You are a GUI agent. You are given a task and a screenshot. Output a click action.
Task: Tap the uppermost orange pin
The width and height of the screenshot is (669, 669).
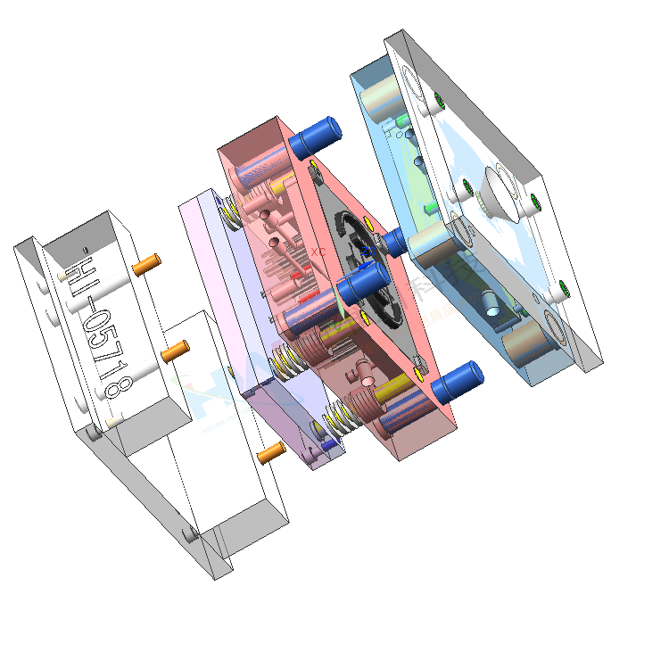[145, 264]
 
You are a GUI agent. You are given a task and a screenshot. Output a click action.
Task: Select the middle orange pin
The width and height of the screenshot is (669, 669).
[174, 351]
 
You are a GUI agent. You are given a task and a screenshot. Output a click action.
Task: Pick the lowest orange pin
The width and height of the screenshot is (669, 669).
[270, 453]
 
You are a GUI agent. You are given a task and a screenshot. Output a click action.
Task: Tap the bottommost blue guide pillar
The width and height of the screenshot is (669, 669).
[458, 381]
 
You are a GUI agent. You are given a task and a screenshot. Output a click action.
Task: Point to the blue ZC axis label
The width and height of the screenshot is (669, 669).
[365, 253]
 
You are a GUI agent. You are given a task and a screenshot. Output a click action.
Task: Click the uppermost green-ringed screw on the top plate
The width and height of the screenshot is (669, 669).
[437, 97]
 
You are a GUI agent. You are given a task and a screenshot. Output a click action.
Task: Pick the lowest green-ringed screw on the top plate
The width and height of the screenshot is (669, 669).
[564, 288]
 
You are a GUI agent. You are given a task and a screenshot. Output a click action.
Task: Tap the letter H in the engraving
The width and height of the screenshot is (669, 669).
[78, 269]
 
